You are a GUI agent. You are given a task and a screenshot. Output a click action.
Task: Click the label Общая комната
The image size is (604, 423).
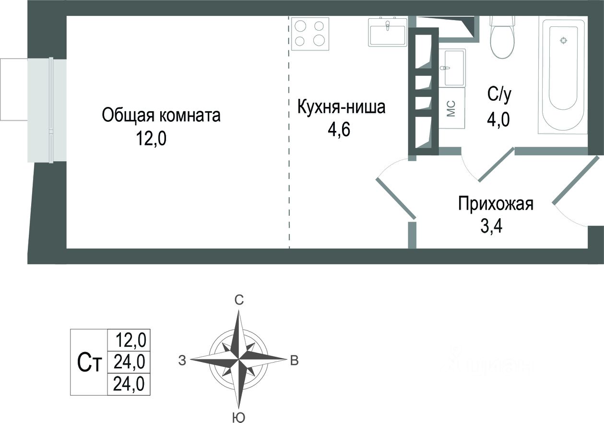(161, 116)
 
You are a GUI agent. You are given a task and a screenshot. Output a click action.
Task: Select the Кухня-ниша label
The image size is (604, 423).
(341, 107)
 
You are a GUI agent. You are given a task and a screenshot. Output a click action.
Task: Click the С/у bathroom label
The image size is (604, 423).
(500, 94)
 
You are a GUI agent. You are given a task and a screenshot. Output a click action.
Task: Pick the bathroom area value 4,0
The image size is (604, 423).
(499, 118)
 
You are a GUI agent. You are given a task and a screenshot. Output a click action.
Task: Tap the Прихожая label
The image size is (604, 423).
(496, 203)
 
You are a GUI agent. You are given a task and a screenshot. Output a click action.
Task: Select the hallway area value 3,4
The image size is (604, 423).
(491, 225)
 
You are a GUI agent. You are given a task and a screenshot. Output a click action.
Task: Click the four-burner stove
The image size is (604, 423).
(311, 34)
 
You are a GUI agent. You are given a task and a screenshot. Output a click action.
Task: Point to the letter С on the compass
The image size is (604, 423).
(239, 301)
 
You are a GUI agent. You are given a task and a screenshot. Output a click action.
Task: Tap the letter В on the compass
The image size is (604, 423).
(295, 361)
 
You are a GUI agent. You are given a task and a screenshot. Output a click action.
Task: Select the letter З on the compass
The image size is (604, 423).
(182, 361)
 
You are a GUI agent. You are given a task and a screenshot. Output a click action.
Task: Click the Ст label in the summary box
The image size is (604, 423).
(90, 363)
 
